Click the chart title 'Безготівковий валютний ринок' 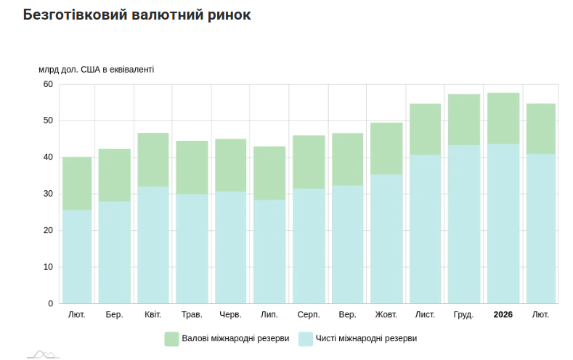[137, 15]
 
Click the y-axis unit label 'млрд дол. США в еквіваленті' [97, 70]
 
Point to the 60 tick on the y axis [48, 84]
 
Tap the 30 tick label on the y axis [48, 194]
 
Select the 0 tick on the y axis [50, 303]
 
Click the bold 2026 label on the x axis [503, 315]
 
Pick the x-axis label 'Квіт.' [153, 315]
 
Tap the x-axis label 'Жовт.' [386, 315]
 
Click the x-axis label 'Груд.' [463, 315]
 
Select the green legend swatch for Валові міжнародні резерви [171, 338]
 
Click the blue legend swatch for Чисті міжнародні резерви [306, 338]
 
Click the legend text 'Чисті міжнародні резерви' [367, 338]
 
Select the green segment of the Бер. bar [115, 175]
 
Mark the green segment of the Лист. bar [425, 129]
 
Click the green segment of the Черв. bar [231, 165]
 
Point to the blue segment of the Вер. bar [347, 244]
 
